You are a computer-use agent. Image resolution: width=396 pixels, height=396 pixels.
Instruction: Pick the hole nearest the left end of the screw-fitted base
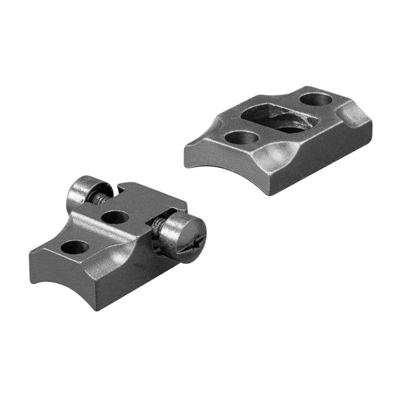(74, 247)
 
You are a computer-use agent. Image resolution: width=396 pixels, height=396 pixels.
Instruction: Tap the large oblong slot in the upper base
(274, 118)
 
